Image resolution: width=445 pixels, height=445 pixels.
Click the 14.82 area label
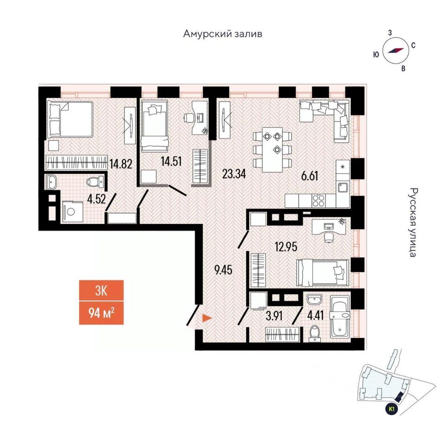coord(121,164)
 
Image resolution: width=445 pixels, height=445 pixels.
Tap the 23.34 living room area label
coord(234,174)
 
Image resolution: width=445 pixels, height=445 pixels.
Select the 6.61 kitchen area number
coord(310,176)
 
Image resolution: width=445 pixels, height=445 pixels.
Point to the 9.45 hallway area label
coord(223,270)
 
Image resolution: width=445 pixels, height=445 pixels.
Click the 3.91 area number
coord(274,316)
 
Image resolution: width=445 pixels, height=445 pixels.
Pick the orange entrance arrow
coord(207,318)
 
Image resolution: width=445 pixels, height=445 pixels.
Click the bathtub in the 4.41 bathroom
coord(341,316)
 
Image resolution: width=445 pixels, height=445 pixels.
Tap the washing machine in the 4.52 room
coord(72,212)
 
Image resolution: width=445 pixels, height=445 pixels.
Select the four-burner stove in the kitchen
coord(318,200)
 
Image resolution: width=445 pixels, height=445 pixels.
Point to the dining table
coord(273,150)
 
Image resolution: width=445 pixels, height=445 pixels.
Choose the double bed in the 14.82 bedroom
coord(70,120)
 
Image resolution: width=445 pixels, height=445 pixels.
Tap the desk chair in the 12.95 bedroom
coord(329,237)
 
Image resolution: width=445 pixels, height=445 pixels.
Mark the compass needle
coord(396,51)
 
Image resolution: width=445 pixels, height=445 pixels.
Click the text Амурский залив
coord(223,34)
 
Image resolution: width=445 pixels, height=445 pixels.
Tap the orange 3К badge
coord(102,291)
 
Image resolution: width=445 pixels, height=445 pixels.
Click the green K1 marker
coord(392,409)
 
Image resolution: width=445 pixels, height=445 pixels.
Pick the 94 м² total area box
coord(102,313)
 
